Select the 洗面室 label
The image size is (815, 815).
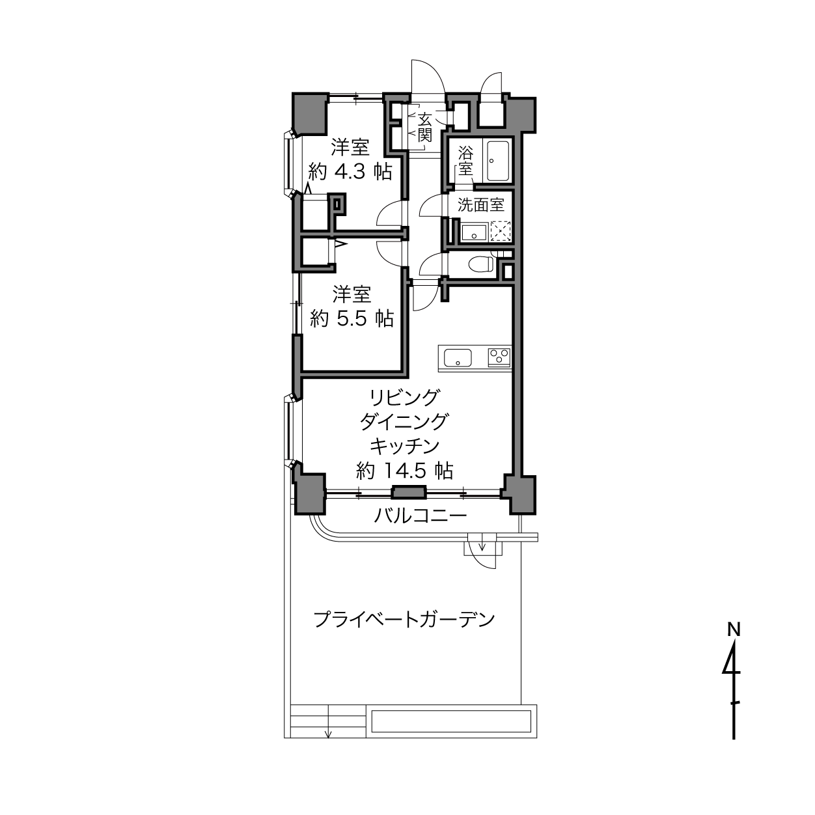pos(481,206)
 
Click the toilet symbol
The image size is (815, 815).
pos(481,264)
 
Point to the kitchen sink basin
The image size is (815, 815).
pos(457,358)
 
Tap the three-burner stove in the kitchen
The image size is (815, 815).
pos(499,357)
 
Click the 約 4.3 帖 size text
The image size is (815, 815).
pos(351,172)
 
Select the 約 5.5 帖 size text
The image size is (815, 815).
pos(352,318)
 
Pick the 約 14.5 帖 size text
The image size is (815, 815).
pos(405,471)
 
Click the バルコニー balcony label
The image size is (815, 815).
pos(421,516)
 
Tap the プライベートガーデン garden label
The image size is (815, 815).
pos(404,620)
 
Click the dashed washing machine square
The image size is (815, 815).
pos(501,232)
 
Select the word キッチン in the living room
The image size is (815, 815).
pos(405,446)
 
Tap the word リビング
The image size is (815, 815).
pos(405,398)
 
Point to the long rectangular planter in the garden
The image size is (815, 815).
pos(451,721)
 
